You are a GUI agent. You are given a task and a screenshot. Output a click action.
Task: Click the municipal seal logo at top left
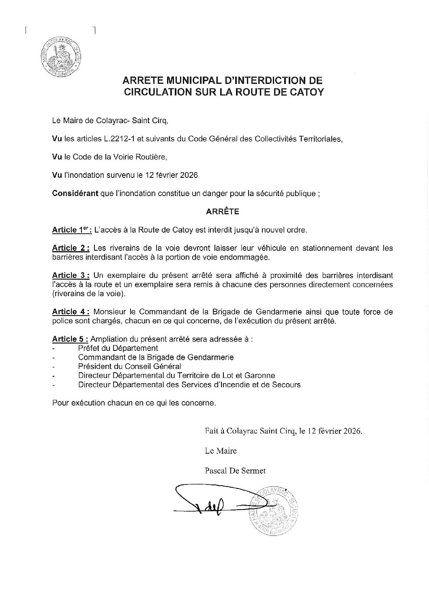point(61,57)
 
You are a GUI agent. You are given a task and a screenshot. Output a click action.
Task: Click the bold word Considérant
point(75,193)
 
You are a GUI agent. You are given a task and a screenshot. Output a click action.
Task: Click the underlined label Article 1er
point(72,230)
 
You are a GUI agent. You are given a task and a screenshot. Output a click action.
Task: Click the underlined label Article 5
point(70,339)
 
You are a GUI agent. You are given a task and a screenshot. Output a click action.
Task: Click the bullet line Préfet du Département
point(118,348)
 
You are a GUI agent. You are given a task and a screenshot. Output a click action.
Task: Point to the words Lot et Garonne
point(253,376)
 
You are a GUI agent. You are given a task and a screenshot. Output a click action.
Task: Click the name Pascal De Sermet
point(236,470)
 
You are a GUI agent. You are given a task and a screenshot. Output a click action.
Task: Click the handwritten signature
point(211,503)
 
